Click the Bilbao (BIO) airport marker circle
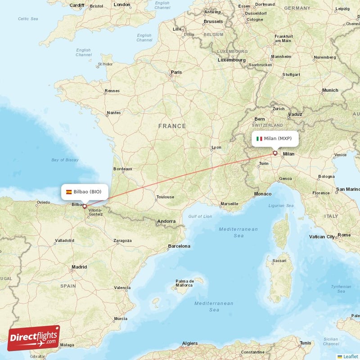tap(84, 207)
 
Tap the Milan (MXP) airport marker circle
tap(275, 153)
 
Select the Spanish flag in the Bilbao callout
tap(69, 192)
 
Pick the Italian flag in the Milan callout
tap(259, 139)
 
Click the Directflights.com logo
tap(34, 338)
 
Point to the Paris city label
tap(176, 72)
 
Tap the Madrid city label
tap(79, 267)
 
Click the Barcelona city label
tap(179, 246)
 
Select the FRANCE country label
tap(172, 126)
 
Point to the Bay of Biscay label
tap(65, 160)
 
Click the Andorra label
tap(166, 221)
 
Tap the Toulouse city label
tap(165, 197)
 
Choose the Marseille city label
tap(229, 204)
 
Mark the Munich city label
tap(330, 90)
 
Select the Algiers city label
tap(189, 343)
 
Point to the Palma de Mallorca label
tap(184, 283)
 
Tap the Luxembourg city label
tap(232, 60)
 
